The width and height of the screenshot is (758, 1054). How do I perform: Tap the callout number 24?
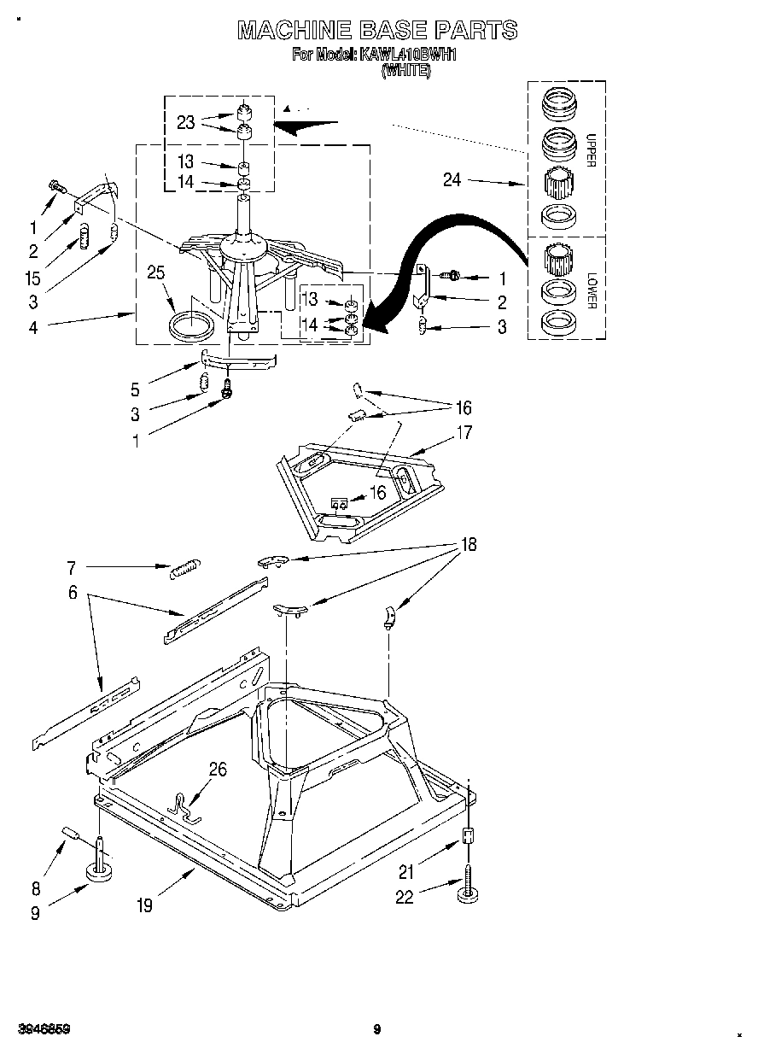pyautogui.click(x=452, y=179)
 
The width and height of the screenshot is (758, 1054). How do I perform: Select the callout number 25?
pyautogui.click(x=155, y=274)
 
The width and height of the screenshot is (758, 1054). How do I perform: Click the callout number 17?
pyautogui.click(x=464, y=433)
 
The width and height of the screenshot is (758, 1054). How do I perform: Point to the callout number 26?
pyautogui.click(x=218, y=770)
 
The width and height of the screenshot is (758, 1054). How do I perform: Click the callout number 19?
pyautogui.click(x=145, y=905)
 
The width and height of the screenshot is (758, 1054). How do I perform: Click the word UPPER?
pyautogui.click(x=590, y=150)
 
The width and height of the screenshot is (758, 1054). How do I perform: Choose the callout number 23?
pyautogui.click(x=186, y=122)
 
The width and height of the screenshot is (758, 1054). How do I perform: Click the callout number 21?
pyautogui.click(x=407, y=871)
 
